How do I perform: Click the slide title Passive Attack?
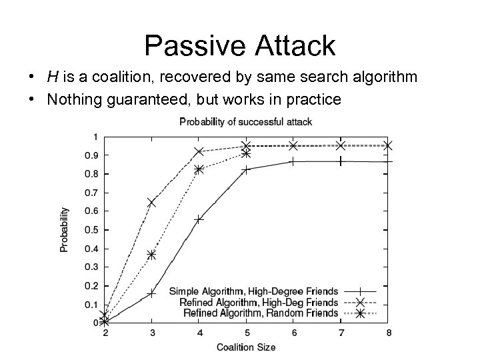pyautogui.click(x=239, y=46)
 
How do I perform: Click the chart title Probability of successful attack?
pyautogui.click(x=245, y=121)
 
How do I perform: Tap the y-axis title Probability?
pyautogui.click(x=65, y=229)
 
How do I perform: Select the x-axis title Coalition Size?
pyautogui.click(x=245, y=347)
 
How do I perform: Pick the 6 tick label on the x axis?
pyautogui.click(x=293, y=333)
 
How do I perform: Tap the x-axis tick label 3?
pyautogui.click(x=151, y=333)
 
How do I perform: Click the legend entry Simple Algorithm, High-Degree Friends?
pyautogui.click(x=254, y=291)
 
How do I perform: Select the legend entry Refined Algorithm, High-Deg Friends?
pyautogui.click(x=259, y=302)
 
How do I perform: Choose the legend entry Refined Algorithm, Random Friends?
pyautogui.click(x=261, y=313)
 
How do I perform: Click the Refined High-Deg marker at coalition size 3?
pyautogui.click(x=151, y=202)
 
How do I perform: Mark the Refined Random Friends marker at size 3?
pyautogui.click(x=151, y=255)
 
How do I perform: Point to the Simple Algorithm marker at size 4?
pyautogui.click(x=199, y=219)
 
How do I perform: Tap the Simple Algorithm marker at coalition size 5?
pyautogui.click(x=246, y=169)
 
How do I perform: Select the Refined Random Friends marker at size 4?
pyautogui.click(x=199, y=169)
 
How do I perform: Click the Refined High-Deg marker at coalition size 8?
pyautogui.click(x=388, y=145)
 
